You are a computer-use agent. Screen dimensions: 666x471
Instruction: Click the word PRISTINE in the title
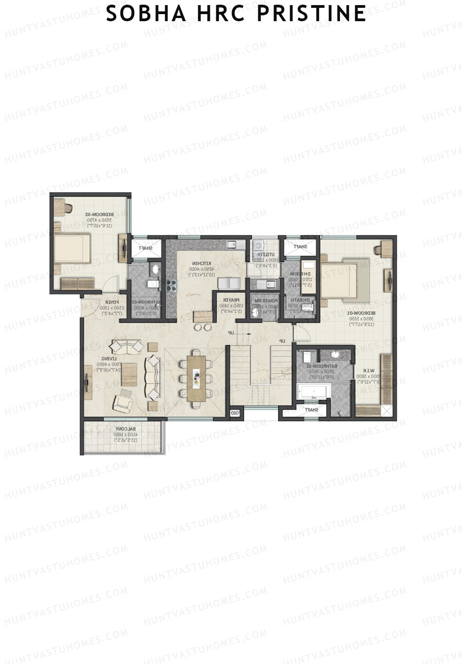pos(312,14)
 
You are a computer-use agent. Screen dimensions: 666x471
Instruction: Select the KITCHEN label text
pos(201,263)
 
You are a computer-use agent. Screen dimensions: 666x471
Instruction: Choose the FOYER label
pos(112,302)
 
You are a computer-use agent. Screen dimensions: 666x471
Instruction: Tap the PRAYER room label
pos(231,300)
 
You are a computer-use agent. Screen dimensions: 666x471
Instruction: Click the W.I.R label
pos(367,370)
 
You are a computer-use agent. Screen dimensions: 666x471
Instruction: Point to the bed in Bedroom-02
pos(72,248)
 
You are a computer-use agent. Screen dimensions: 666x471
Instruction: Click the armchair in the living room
pos(123,401)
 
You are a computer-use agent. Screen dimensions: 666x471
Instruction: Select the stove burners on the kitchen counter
pos(172,285)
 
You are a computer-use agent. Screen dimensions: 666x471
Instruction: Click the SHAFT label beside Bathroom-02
pos(145,248)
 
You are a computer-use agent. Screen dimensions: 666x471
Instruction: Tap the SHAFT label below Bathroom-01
pos(311,410)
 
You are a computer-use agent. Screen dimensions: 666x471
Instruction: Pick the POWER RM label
pos(266,301)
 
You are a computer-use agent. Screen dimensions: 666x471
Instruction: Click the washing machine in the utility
pos(259,245)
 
